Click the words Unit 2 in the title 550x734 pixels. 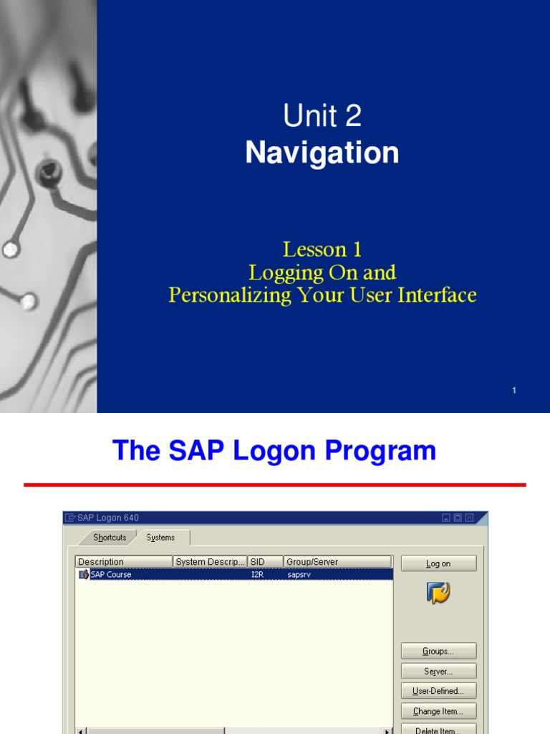click(322, 116)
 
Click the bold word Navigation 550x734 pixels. click(322, 153)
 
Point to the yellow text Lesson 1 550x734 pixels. click(322, 249)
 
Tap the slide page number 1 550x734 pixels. click(514, 391)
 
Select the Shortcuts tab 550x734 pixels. click(110, 538)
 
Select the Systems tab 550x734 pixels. click(160, 538)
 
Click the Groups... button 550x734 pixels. click(438, 652)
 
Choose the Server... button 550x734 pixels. click(438, 672)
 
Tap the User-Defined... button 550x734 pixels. click(438, 692)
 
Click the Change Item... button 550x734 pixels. click(438, 712)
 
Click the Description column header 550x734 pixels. click(123, 562)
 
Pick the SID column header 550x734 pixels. click(265, 562)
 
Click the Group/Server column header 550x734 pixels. click(337, 562)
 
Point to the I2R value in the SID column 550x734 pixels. click(257, 574)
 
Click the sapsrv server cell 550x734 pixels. click(299, 574)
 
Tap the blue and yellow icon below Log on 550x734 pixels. click(438, 593)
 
